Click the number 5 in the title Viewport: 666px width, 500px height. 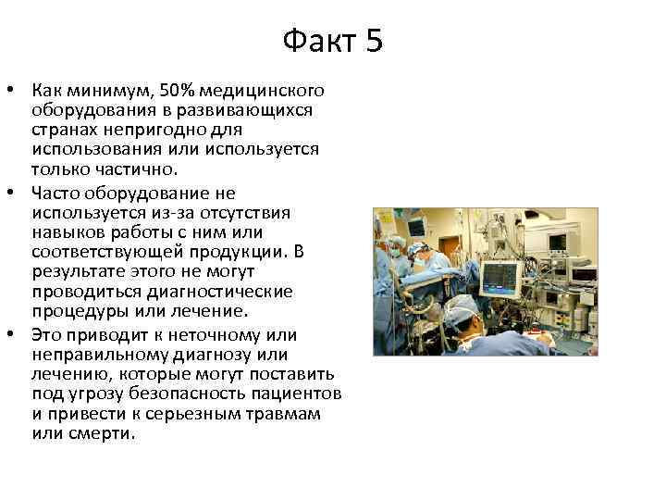372,42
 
